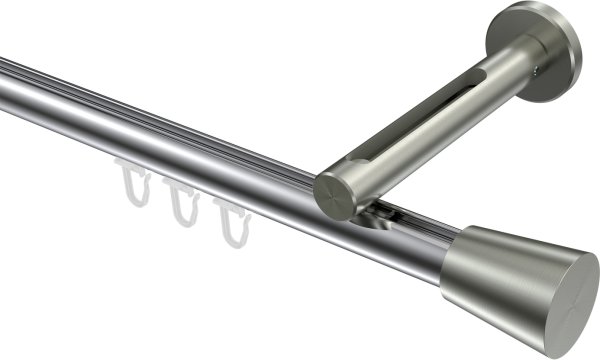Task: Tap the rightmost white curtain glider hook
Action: tap(229, 219)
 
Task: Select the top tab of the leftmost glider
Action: tap(127, 166)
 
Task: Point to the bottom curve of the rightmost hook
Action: tap(232, 241)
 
